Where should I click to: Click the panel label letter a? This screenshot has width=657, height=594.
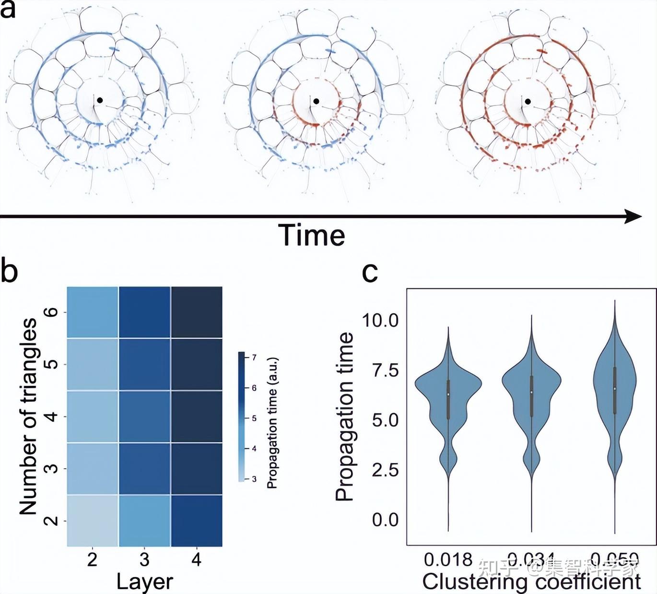[8, 10]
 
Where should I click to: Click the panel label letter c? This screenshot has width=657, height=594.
[370, 272]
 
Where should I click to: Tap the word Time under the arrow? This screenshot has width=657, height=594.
[312, 235]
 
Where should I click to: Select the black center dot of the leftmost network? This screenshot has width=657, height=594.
[100, 100]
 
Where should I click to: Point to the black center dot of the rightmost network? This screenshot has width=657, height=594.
[528, 101]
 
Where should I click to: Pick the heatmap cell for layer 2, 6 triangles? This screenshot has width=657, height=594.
[93, 312]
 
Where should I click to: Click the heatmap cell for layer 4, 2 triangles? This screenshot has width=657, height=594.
[197, 521]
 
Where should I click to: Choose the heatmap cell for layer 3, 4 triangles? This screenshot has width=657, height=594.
[144, 416]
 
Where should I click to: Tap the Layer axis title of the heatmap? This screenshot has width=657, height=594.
[144, 581]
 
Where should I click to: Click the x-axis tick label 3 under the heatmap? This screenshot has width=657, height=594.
[144, 559]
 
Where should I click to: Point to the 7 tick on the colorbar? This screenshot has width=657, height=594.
[254, 357]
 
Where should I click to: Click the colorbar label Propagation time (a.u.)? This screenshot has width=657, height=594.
[272, 422]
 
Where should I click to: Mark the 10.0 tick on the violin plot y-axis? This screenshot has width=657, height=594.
[380, 320]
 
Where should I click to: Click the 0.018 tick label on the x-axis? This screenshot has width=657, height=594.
[448, 559]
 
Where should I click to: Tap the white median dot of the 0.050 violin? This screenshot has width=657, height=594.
[615, 389]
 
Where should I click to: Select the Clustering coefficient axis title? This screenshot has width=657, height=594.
[531, 582]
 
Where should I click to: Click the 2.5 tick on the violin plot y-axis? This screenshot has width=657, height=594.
[385, 470]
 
